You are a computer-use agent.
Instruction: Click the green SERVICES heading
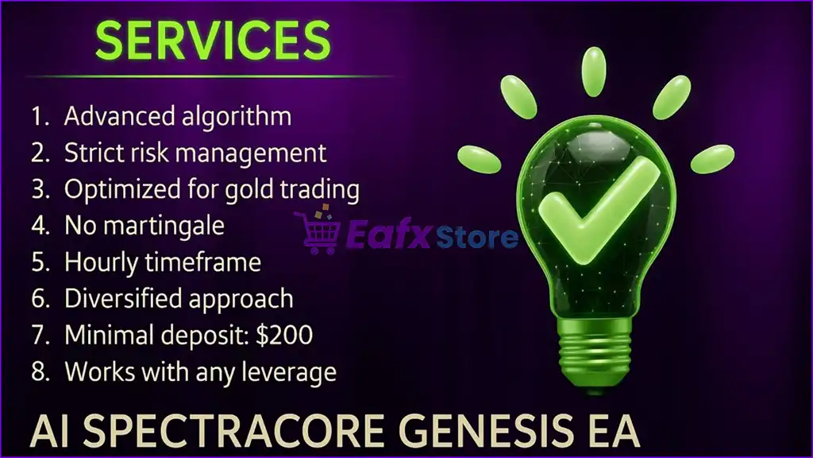pos(213,41)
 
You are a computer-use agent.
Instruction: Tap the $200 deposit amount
pos(285,335)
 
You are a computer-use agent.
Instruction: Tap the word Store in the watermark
pos(476,237)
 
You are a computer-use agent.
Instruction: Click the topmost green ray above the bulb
pos(594,72)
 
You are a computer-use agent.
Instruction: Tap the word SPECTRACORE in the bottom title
pos(234,431)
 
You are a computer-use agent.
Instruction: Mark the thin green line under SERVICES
pos(210,76)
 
